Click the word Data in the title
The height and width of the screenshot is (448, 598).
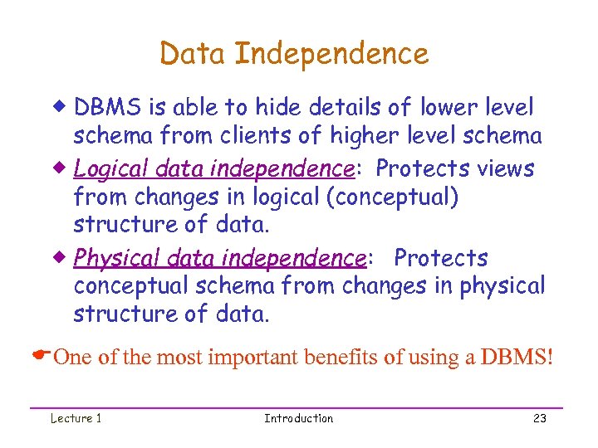(x=194, y=54)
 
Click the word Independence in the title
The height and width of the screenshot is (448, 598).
(x=331, y=54)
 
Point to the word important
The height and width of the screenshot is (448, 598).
(x=256, y=358)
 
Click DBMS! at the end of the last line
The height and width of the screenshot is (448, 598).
(x=516, y=358)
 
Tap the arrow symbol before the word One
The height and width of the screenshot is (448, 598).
(x=41, y=357)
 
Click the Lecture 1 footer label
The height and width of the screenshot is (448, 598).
(x=76, y=418)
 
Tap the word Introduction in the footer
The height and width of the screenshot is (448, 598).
(x=298, y=418)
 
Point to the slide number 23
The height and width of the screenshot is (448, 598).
(x=540, y=418)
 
